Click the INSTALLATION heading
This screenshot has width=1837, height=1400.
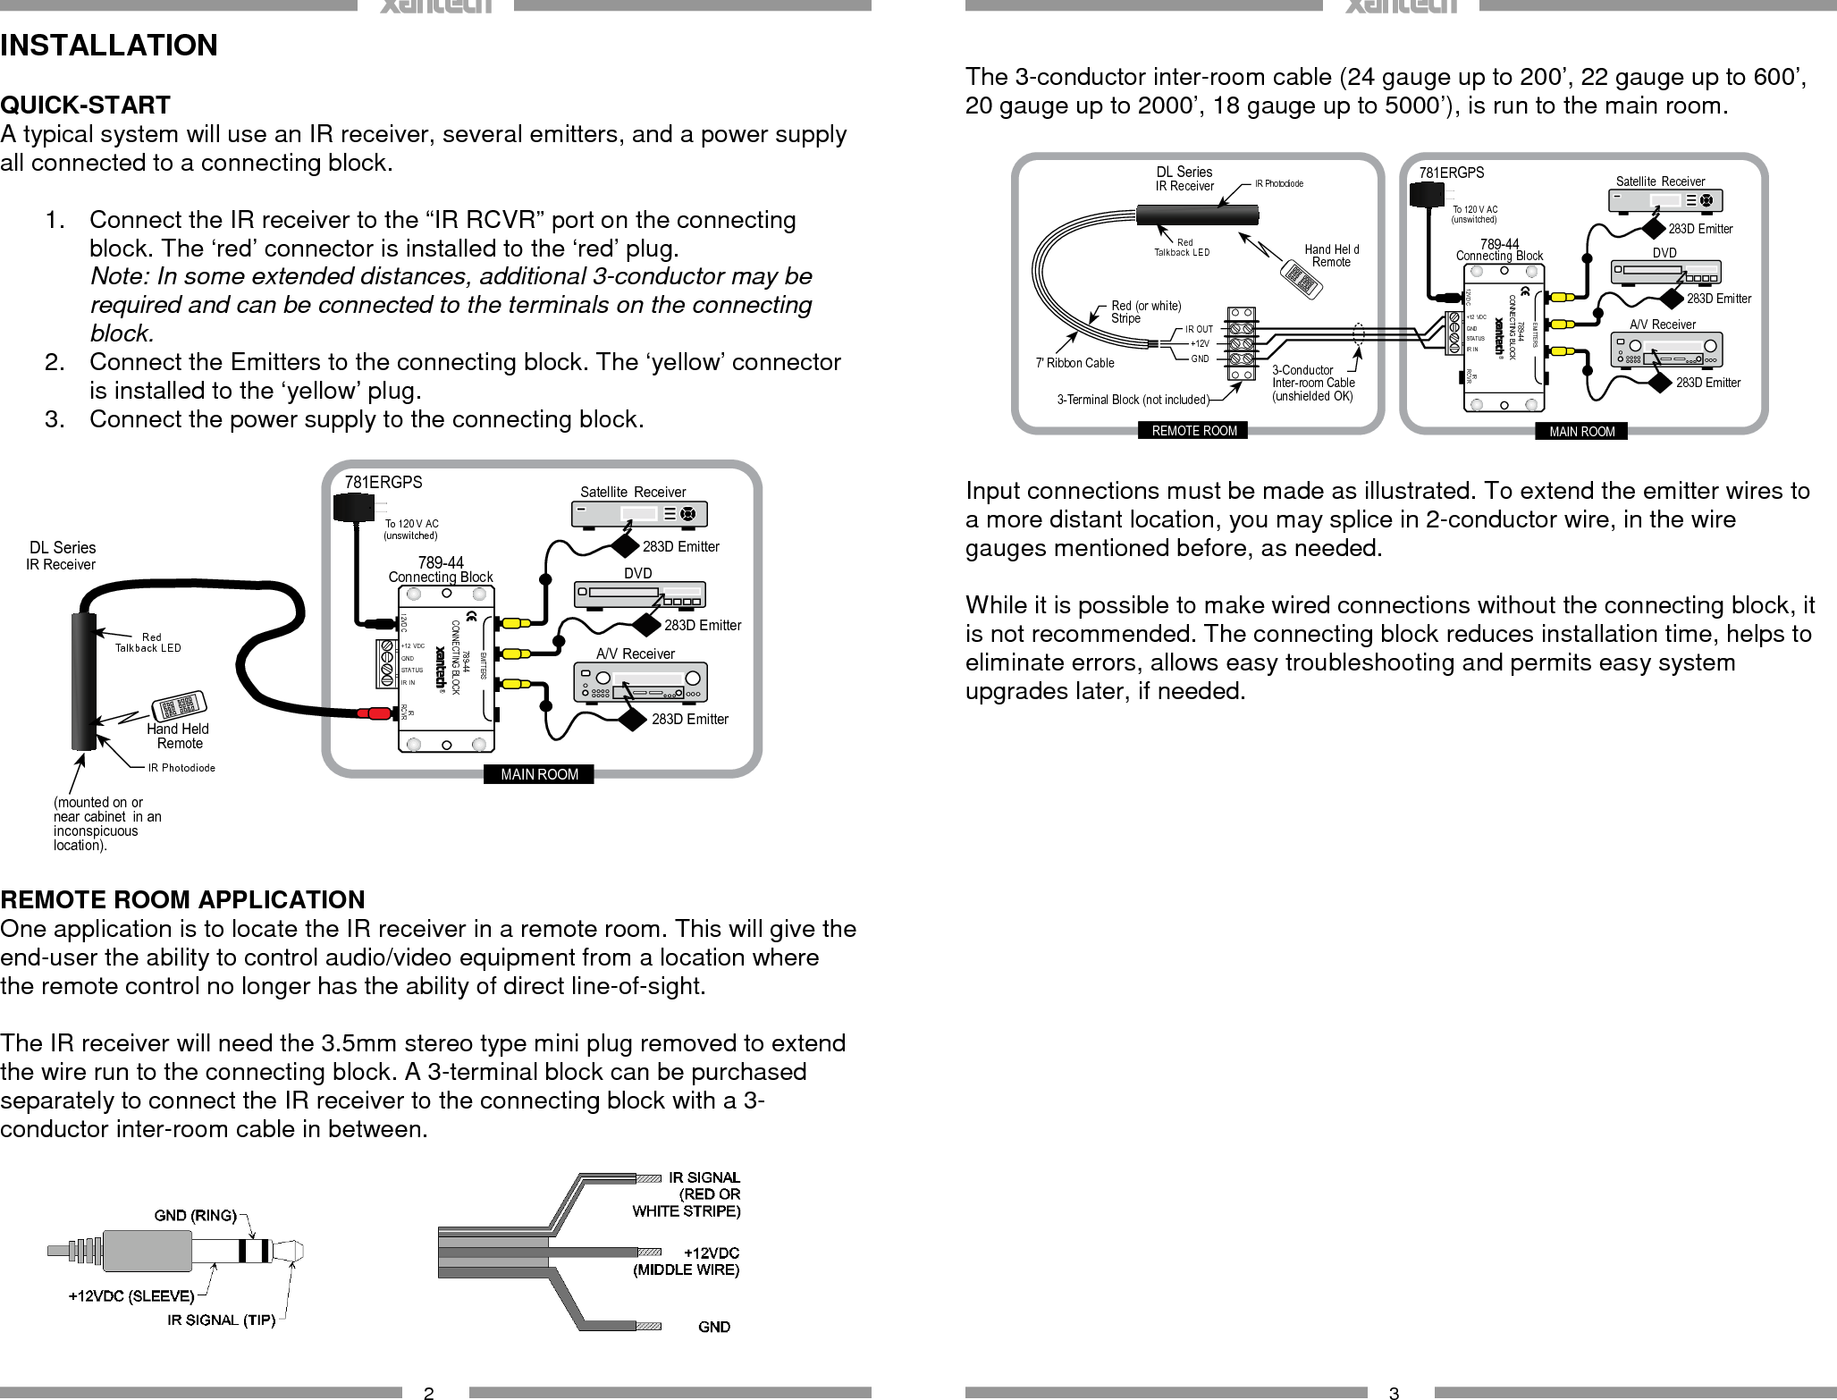point(109,45)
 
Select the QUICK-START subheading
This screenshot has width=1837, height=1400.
point(85,105)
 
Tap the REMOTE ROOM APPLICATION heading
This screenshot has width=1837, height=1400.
point(182,899)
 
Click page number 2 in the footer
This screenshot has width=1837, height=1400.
point(429,1392)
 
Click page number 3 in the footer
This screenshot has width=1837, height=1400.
point(1394,1392)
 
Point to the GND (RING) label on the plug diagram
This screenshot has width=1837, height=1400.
point(196,1215)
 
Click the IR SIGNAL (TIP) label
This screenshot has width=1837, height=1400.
point(221,1320)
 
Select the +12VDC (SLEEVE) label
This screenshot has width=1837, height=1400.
point(131,1295)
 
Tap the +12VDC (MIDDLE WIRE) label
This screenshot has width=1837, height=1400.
point(687,1261)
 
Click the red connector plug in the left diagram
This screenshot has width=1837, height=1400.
point(374,713)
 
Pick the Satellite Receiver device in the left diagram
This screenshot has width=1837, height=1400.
point(638,514)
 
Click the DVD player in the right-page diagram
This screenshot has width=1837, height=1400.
point(1666,272)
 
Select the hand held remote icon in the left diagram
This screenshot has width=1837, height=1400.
point(180,706)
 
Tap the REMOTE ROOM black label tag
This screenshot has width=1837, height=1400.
point(1194,431)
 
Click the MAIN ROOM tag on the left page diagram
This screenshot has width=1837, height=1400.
point(539,774)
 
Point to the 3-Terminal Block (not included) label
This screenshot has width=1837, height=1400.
point(1133,400)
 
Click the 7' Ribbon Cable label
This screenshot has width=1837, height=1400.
point(1074,363)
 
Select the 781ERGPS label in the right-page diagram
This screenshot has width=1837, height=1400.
point(1452,173)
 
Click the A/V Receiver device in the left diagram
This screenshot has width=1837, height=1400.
point(639,683)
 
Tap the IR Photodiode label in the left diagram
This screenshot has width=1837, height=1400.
point(181,767)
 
